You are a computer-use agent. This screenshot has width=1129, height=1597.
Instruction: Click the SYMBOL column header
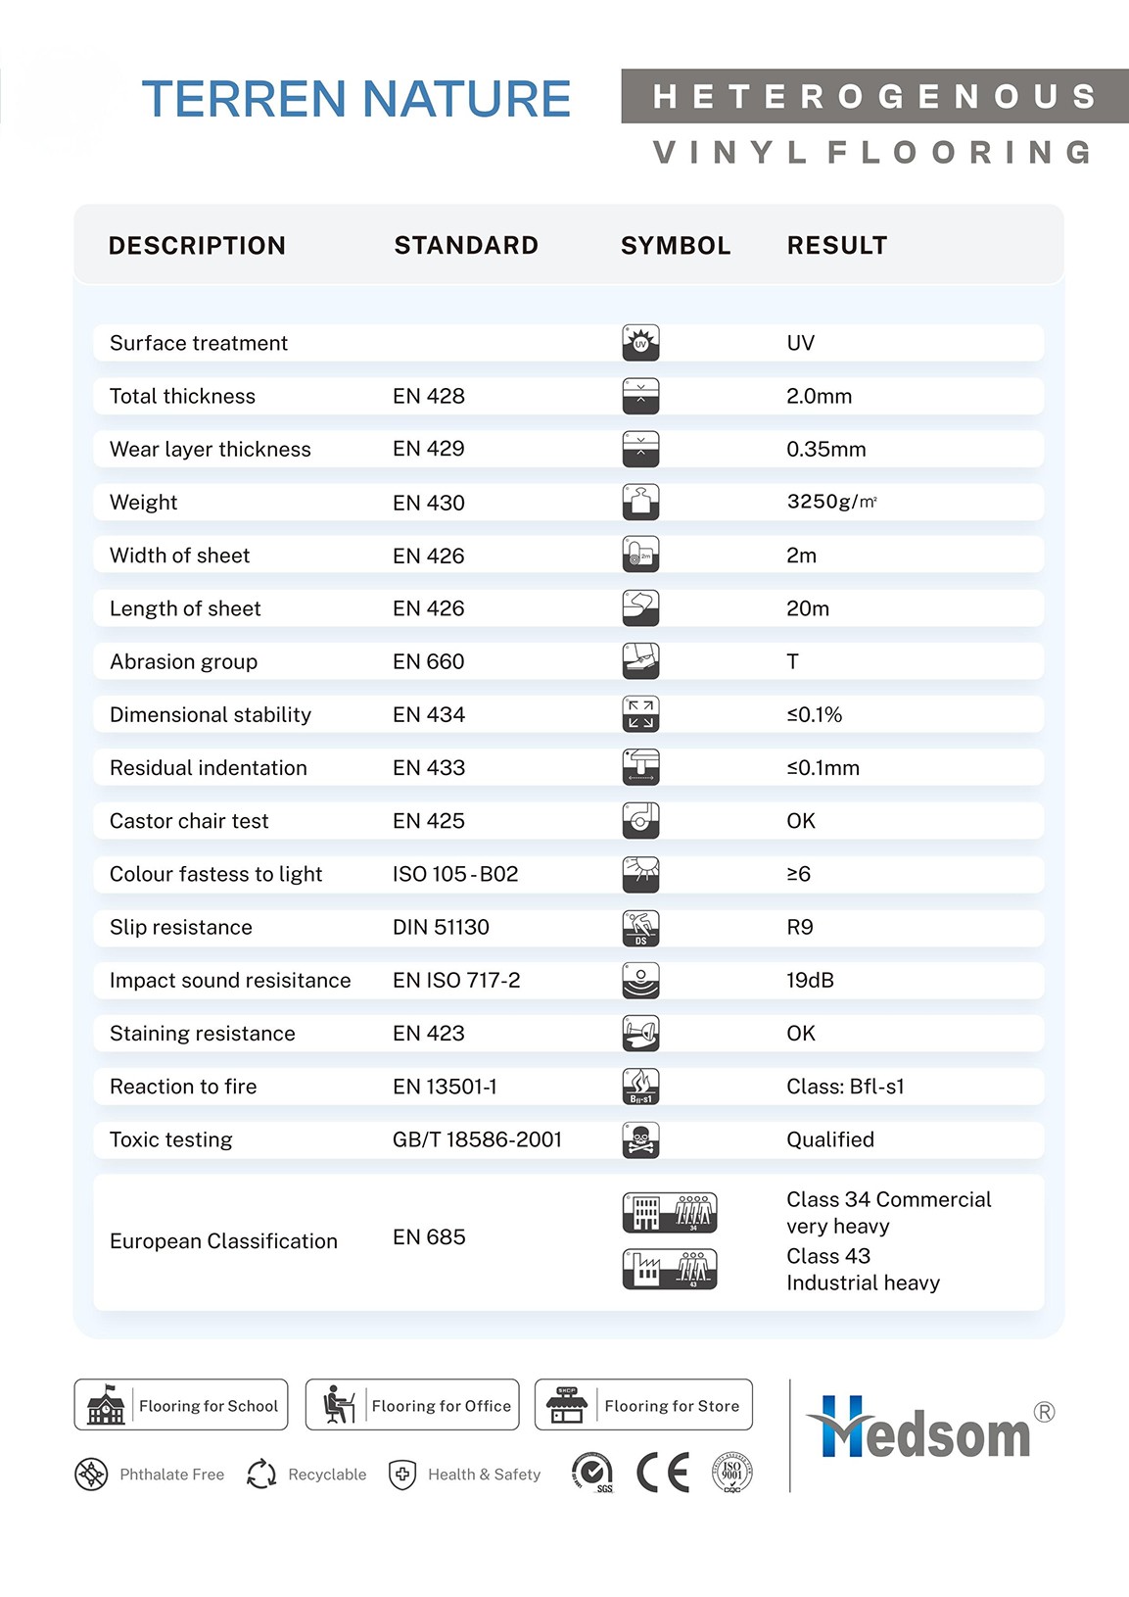click(676, 245)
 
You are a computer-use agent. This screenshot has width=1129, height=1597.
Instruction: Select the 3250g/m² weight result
click(831, 502)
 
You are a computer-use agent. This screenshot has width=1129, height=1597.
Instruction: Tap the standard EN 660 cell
click(429, 661)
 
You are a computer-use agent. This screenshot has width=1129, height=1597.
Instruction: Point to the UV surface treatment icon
click(640, 343)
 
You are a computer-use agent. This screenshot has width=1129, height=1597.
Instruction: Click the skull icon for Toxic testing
click(640, 1139)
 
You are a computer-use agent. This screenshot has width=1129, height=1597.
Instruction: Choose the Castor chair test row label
click(189, 821)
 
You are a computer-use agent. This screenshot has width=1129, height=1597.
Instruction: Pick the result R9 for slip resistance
click(800, 927)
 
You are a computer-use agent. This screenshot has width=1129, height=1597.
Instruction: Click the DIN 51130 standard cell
click(441, 927)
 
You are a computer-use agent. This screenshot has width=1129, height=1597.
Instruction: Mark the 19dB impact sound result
click(810, 980)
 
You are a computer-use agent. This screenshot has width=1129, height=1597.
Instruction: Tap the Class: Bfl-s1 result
click(845, 1087)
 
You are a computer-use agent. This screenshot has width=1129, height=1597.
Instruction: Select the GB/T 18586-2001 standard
click(477, 1139)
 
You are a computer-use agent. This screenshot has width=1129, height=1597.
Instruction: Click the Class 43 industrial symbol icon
click(670, 1270)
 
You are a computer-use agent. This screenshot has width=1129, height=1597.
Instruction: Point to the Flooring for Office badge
click(412, 1405)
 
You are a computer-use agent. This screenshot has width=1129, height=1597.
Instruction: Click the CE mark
click(663, 1472)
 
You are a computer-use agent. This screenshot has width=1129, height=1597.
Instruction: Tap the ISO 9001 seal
click(731, 1472)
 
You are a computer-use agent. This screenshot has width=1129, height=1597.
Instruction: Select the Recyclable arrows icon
click(261, 1474)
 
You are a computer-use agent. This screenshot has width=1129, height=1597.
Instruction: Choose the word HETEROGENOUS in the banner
click(873, 96)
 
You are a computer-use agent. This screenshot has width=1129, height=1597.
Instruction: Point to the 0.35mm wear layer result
click(825, 449)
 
